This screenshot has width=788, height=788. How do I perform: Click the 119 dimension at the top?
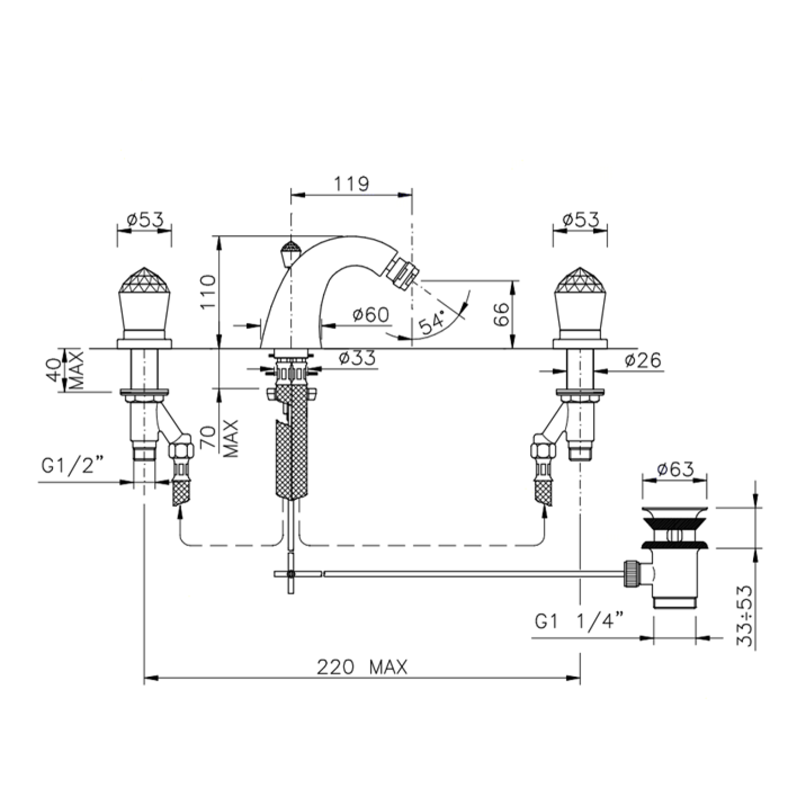(351, 183)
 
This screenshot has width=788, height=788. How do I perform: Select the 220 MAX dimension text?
(362, 667)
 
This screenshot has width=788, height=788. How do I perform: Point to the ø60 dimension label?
(371, 314)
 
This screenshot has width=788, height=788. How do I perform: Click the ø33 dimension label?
(358, 358)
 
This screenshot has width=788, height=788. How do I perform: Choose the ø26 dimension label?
(643, 361)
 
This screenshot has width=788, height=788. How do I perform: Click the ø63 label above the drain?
(676, 469)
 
